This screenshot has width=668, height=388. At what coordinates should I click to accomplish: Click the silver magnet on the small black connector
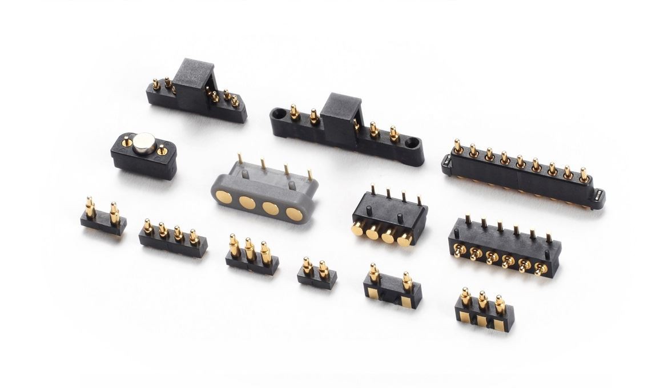pos(143,142)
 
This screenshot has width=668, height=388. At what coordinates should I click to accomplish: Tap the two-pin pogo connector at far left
pos(103,219)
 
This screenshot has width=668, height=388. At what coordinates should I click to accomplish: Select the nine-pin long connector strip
pos(522,174)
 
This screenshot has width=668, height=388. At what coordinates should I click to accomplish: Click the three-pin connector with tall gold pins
pos(252,257)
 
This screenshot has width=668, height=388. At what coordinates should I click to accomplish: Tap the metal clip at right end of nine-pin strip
pos(599,196)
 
